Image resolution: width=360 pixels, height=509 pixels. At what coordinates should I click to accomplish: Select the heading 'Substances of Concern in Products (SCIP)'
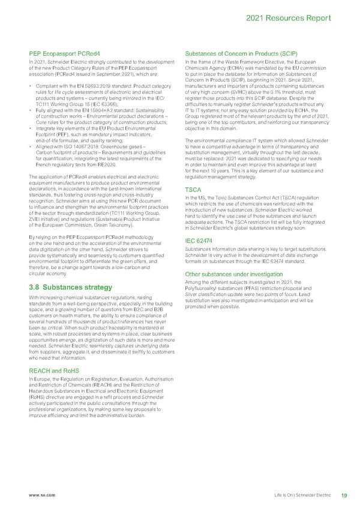point(238,54)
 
